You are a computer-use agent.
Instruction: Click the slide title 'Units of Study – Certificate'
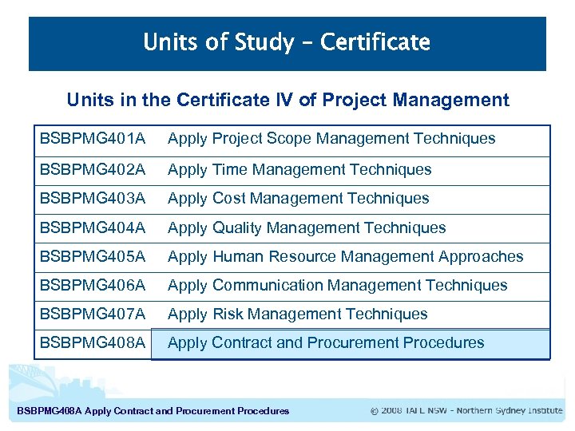(x=287, y=42)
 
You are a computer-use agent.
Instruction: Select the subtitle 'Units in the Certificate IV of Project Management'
(x=287, y=100)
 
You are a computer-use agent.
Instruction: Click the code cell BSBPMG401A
(x=93, y=139)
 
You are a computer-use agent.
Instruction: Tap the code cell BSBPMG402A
(x=93, y=169)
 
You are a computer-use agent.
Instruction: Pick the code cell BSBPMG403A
(x=93, y=199)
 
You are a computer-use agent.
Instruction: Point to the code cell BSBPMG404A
(x=93, y=228)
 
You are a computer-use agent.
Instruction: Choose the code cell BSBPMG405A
(x=93, y=257)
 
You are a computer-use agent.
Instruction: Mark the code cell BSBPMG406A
(x=93, y=286)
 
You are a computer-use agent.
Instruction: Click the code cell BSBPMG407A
(x=93, y=314)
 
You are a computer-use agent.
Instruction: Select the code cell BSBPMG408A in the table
(x=93, y=343)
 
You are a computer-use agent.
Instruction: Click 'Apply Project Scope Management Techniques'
(x=331, y=139)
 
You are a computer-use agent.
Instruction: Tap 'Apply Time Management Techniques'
(x=299, y=169)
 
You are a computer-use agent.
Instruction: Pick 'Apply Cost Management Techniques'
(x=299, y=199)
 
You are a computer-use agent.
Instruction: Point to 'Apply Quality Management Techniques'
(x=307, y=228)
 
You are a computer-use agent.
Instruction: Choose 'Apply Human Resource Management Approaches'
(x=346, y=257)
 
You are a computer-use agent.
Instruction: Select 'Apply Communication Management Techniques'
(x=338, y=286)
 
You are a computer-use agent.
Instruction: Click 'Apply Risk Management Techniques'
(x=298, y=314)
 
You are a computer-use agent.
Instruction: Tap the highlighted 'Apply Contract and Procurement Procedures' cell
(x=327, y=343)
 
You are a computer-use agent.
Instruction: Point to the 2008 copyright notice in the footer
(x=466, y=411)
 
